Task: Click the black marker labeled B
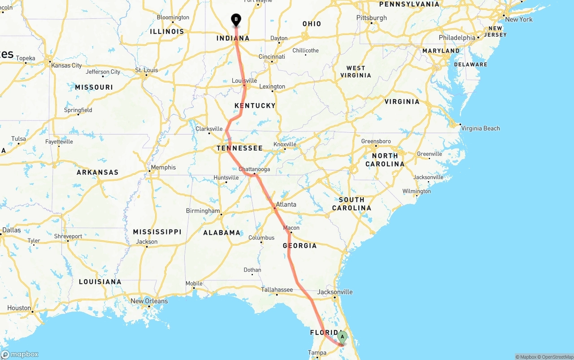[236, 20]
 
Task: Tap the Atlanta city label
[286, 204]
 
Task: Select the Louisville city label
[244, 81]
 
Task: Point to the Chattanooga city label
[254, 169]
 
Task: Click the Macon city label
[291, 228]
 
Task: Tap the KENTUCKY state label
[255, 106]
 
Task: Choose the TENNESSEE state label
[239, 148]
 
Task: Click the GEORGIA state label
[300, 246]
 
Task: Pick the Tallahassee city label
[277, 290]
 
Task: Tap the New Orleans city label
[149, 301]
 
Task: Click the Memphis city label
[163, 168]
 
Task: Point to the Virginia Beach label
[480, 128]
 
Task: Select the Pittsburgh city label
[371, 18]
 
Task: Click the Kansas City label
[66, 65]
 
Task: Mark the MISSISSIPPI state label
[157, 232]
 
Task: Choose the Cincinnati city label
[272, 57]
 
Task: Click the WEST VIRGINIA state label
[356, 72]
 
